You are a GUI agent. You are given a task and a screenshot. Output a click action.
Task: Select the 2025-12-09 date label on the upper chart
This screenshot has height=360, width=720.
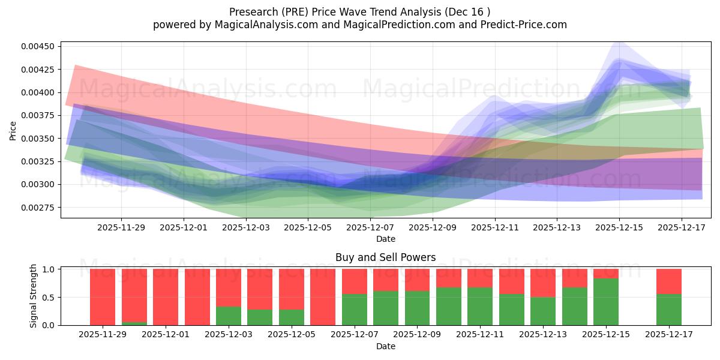433,228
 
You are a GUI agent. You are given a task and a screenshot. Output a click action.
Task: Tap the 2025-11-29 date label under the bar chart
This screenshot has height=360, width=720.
103,334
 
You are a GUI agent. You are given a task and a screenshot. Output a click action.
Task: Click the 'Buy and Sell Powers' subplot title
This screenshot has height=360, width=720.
385,258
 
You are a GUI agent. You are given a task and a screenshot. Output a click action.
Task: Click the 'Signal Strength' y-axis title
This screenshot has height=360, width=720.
34,296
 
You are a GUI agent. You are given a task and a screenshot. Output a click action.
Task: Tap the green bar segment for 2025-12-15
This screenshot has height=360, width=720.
606,302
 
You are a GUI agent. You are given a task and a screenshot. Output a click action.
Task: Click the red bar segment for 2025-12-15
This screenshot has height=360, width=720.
606,274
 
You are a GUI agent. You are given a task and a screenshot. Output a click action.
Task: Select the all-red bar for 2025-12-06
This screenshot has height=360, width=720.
323,297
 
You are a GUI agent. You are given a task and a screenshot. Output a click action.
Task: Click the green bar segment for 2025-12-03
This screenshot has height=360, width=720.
229,316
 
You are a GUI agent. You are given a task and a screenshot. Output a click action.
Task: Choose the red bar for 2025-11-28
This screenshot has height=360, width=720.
103,297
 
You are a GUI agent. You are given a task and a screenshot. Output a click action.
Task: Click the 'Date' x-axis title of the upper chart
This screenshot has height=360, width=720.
385,239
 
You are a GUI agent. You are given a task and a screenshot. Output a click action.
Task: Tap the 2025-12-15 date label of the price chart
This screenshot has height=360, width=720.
620,228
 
